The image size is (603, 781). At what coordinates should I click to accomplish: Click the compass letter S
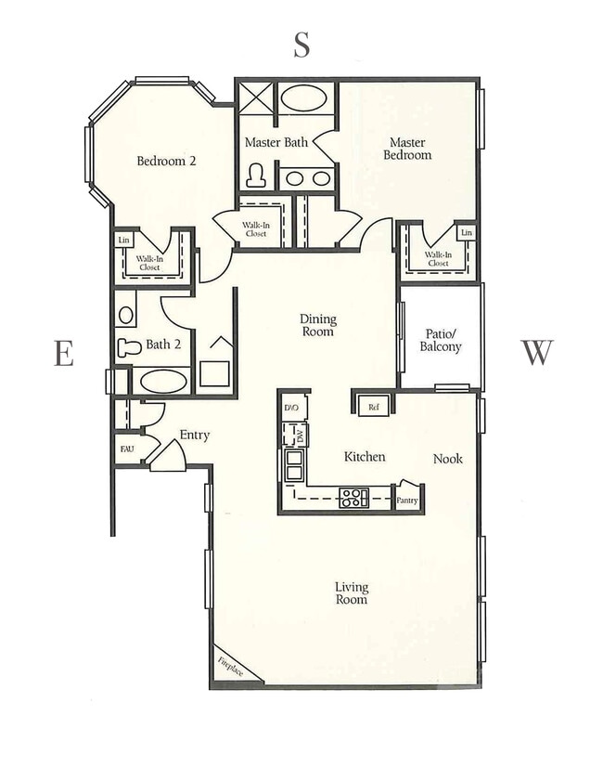click(301, 45)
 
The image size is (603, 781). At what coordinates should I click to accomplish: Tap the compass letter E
click(64, 353)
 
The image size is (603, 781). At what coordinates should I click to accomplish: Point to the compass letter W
click(537, 352)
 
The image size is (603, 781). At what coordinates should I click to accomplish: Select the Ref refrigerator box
click(374, 407)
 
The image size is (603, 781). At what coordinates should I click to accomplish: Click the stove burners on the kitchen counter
click(353, 498)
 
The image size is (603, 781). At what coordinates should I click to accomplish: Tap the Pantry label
click(407, 500)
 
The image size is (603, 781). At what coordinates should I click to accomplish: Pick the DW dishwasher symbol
click(294, 435)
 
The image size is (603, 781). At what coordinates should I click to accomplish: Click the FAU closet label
click(127, 449)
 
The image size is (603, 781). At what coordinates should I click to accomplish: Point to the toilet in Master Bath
click(256, 176)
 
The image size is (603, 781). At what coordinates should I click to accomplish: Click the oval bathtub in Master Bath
click(303, 98)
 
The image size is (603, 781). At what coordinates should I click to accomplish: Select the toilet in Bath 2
click(129, 347)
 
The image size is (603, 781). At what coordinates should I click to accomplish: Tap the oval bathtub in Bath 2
click(163, 382)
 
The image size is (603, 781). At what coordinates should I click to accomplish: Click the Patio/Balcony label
click(441, 340)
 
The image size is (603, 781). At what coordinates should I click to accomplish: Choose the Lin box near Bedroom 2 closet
click(124, 241)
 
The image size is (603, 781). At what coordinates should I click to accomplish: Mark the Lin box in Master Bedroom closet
click(467, 232)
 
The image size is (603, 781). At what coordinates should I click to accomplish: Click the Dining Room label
click(318, 325)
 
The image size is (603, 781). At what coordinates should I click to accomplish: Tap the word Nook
click(448, 459)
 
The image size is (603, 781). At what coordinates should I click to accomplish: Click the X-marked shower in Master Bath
click(256, 98)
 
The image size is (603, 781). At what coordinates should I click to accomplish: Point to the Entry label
click(195, 436)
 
